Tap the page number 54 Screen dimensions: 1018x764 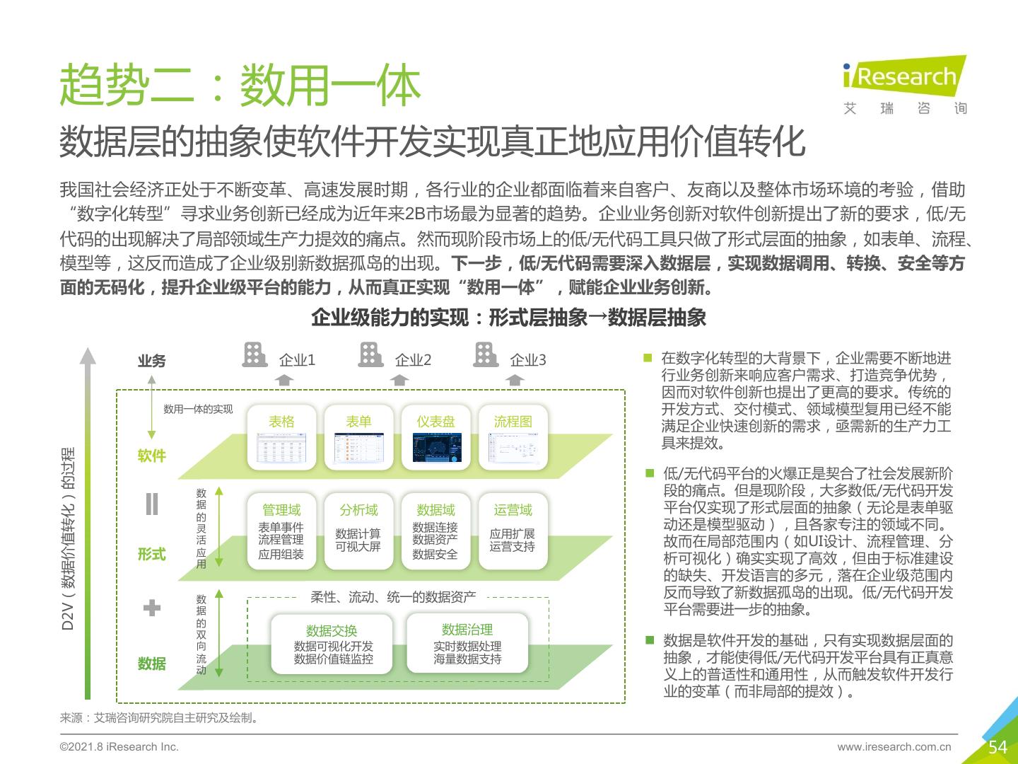[997, 747]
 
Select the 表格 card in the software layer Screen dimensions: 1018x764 [281, 437]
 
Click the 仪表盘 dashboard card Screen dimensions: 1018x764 [435, 437]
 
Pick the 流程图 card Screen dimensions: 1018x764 [513, 437]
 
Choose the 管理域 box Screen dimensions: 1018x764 [281, 531]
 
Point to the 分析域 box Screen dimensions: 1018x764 [358, 531]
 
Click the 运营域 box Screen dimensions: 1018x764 [513, 531]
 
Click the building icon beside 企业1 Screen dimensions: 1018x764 [255, 355]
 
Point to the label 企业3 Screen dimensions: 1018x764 [528, 360]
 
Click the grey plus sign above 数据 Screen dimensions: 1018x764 [152, 608]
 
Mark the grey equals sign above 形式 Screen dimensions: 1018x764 [152, 504]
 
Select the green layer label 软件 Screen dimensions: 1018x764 [152, 456]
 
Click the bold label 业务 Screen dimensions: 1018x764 [152, 361]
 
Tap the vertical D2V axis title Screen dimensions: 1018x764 [68, 538]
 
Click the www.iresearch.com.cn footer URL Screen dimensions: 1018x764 [894, 746]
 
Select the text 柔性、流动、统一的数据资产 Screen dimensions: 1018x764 [393, 597]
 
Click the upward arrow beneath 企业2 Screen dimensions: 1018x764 [399, 380]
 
